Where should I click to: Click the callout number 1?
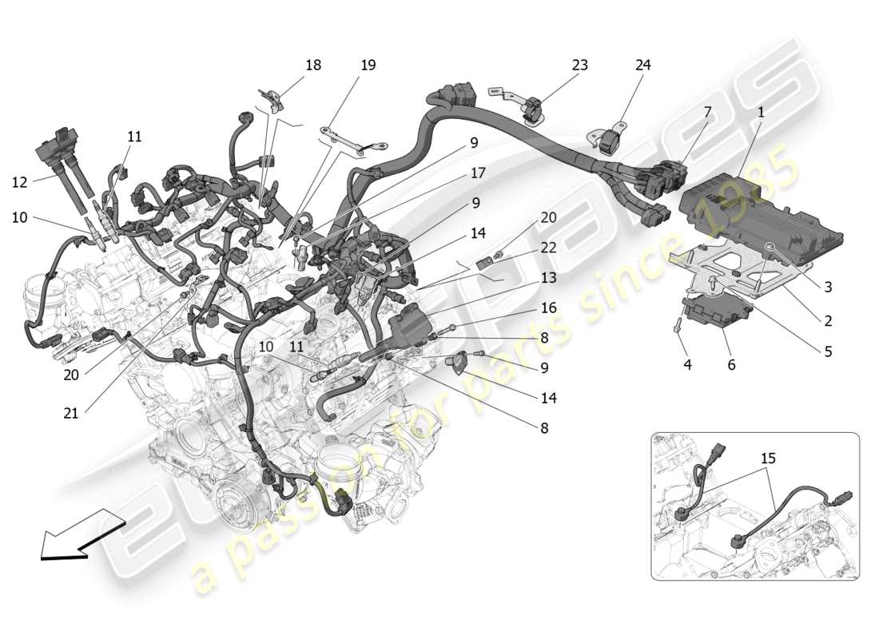pyautogui.click(x=761, y=113)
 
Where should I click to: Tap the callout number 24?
pyautogui.click(x=643, y=65)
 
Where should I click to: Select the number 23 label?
pyautogui.click(x=579, y=65)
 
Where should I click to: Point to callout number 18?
pyautogui.click(x=313, y=65)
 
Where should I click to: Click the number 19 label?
pyautogui.click(x=368, y=65)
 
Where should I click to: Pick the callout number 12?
pyautogui.click(x=19, y=182)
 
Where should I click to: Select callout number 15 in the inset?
pyautogui.click(x=768, y=458)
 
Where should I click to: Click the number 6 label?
pyautogui.click(x=731, y=365)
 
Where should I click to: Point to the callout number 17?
pyautogui.click(x=478, y=173)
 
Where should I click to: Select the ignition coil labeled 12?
pyautogui.click(x=58, y=152)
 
